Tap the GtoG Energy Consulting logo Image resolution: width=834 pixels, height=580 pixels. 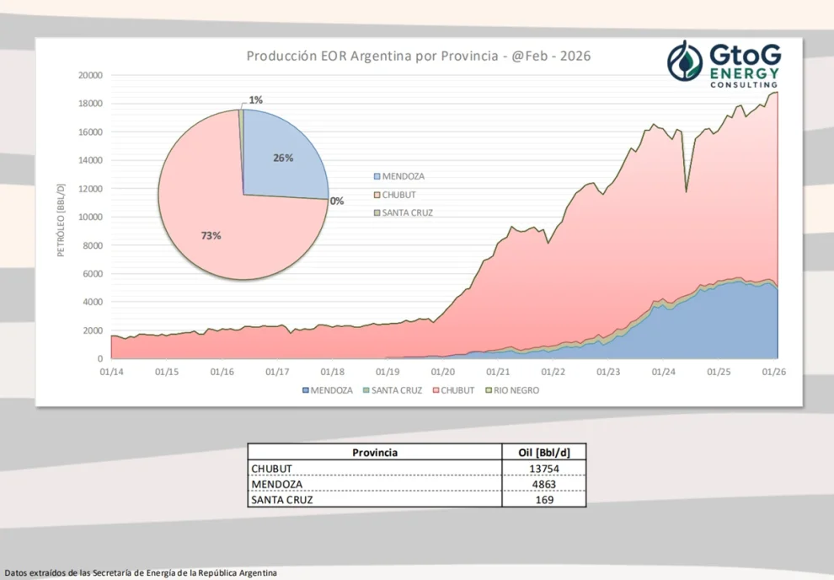pyautogui.click(x=724, y=63)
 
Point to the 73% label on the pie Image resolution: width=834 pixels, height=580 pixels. pyautogui.click(x=211, y=236)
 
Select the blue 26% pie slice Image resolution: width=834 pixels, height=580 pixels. pyautogui.click(x=282, y=160)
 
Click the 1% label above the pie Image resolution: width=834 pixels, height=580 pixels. pyautogui.click(x=255, y=99)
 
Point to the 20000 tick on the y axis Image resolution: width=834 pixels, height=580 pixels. pyautogui.click(x=88, y=75)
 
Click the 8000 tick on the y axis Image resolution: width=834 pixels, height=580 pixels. pyautogui.click(x=91, y=245)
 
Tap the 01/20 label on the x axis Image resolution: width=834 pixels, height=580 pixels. pyautogui.click(x=442, y=371)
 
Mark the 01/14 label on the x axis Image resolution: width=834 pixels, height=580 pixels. pyautogui.click(x=111, y=371)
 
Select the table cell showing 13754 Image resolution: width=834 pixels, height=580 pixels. pyautogui.click(x=543, y=469)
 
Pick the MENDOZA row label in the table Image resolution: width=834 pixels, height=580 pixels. pyautogui.click(x=275, y=485)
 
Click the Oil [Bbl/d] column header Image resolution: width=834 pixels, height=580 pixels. pyautogui.click(x=543, y=453)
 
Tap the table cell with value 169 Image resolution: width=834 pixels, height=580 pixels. pyautogui.click(x=543, y=500)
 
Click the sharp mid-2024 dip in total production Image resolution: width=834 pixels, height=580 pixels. pyautogui.click(x=686, y=191)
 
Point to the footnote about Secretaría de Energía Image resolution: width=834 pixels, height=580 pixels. pyautogui.click(x=140, y=573)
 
